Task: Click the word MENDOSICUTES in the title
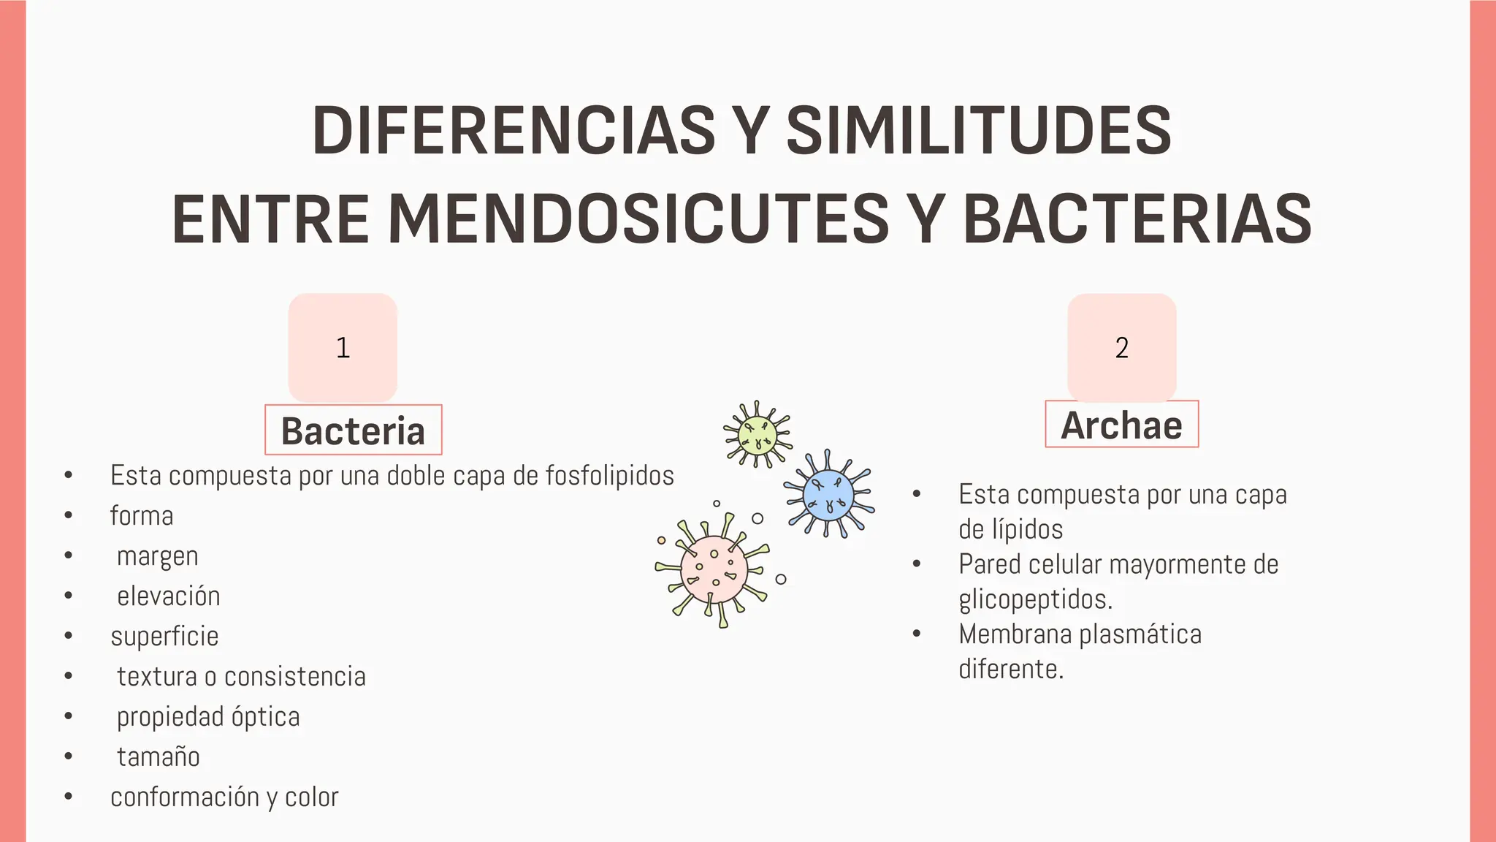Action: point(638,219)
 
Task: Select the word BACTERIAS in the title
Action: point(1137,219)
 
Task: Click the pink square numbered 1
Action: point(343,347)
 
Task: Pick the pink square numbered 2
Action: point(1121,347)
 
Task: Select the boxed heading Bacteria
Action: point(353,431)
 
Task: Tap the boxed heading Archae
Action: point(1121,425)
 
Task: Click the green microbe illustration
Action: point(757,433)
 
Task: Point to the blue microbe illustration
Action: point(828,495)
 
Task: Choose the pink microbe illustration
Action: point(714,570)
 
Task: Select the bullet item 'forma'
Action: point(142,516)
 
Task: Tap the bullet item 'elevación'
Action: point(169,596)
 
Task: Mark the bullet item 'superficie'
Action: point(164,637)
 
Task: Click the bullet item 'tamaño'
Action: point(159,756)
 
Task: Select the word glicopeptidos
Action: point(1035,599)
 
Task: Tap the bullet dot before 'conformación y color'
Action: point(68,797)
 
